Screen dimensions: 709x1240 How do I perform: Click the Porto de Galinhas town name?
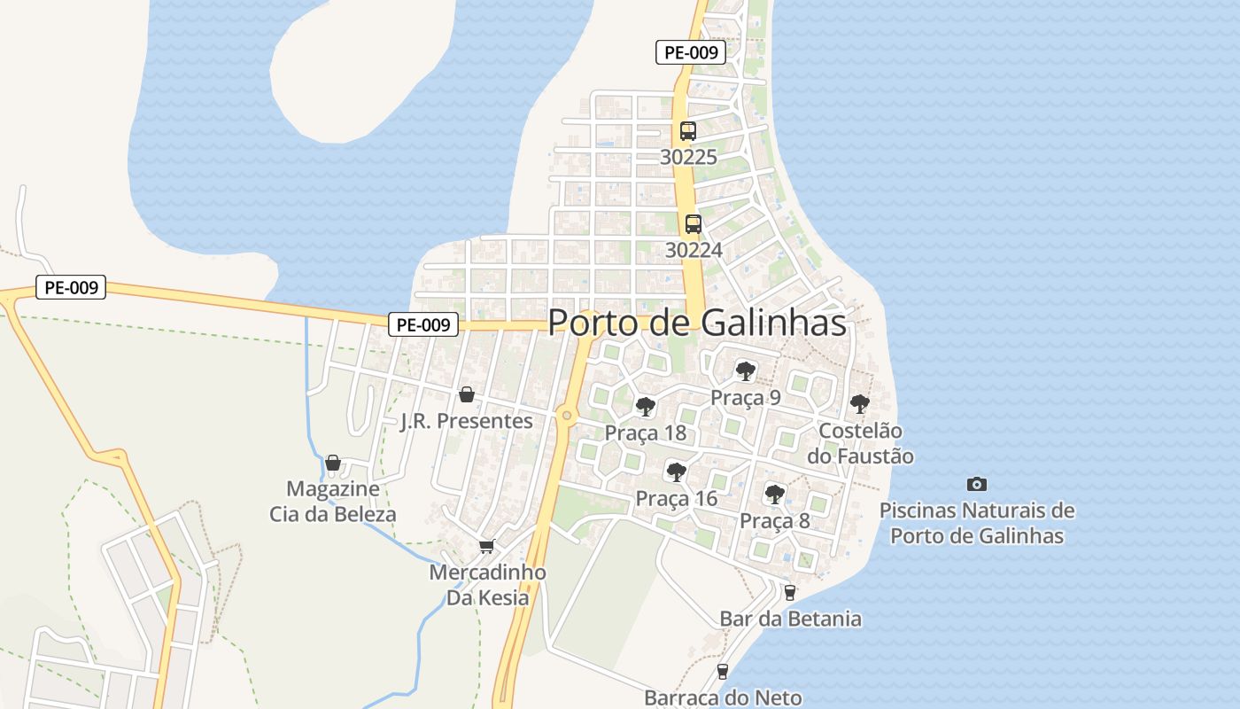[x=697, y=323]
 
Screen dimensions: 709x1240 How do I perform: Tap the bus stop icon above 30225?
[x=688, y=131]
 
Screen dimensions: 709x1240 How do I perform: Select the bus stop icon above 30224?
[x=694, y=224]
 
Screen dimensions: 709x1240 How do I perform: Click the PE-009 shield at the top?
[x=691, y=52]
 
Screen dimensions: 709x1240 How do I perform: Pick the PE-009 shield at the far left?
[x=71, y=288]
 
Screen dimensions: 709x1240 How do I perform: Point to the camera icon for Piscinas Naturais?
[x=977, y=484]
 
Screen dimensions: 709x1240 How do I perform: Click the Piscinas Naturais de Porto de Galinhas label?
[x=977, y=524]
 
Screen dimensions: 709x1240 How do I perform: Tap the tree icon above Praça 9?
[x=746, y=370]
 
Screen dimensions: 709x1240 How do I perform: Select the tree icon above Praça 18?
[x=646, y=407]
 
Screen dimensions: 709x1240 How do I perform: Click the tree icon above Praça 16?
[x=677, y=471]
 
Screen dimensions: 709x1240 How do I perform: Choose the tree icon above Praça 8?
[x=775, y=494]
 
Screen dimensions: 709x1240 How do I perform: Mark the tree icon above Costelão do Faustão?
[x=859, y=404]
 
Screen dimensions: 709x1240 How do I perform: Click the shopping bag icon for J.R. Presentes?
[x=467, y=394]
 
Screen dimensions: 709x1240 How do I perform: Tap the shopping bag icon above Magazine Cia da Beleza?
[x=333, y=463]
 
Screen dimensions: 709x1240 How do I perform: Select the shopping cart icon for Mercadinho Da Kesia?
[x=485, y=546]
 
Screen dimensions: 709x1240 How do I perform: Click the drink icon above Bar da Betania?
[x=790, y=592]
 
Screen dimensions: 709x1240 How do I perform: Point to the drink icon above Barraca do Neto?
[x=723, y=672]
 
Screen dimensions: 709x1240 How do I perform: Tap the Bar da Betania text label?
[x=790, y=619]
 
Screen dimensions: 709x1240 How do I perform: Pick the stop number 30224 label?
[x=694, y=250]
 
